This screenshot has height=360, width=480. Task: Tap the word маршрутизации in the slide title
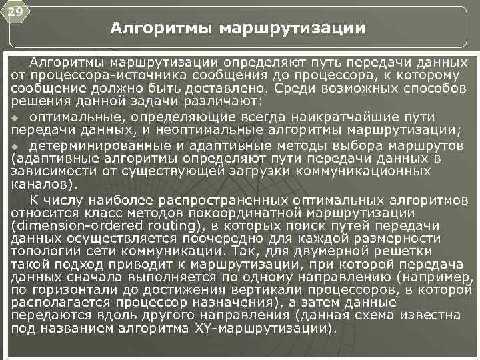[x=291, y=29]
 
